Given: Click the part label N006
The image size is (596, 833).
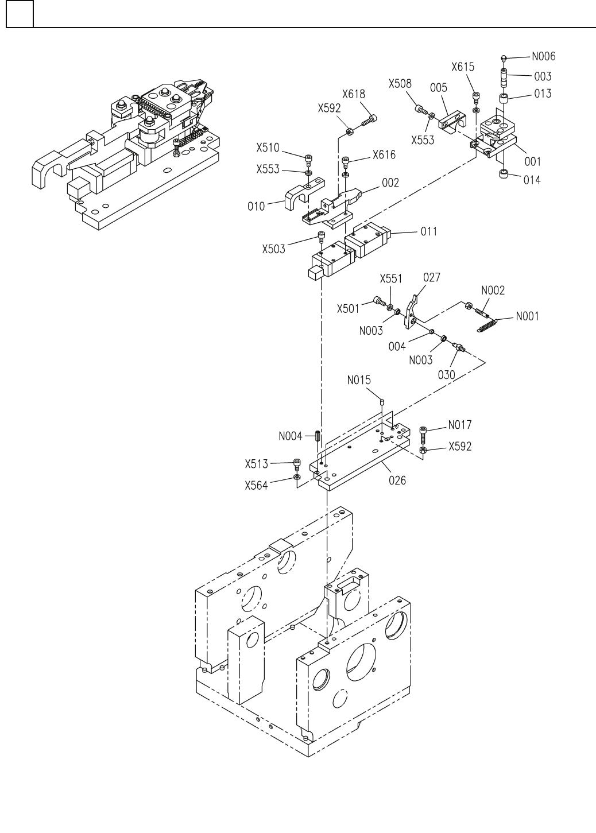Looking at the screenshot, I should point(543,56).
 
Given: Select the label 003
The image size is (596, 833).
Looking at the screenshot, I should point(542,76).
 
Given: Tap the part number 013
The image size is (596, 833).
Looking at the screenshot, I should point(542,93).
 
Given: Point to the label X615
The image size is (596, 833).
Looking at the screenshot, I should point(462,67).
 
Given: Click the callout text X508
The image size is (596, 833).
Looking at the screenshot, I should point(400,84).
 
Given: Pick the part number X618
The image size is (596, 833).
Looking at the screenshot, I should point(354,94).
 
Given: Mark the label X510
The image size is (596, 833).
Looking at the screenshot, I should point(268,148).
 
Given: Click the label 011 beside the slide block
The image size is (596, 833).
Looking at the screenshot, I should point(428,231).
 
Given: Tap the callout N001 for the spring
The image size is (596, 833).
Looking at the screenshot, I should point(527,316).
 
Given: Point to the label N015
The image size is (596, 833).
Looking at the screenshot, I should point(359,380).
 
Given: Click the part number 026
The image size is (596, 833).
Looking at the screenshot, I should point(397,480).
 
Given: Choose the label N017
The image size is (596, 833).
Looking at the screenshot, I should point(460,425).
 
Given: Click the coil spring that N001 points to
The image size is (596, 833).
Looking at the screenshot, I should point(487,324).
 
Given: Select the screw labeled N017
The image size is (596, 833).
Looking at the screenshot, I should point(424,434).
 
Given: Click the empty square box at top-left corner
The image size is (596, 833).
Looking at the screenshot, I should point(20,14).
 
